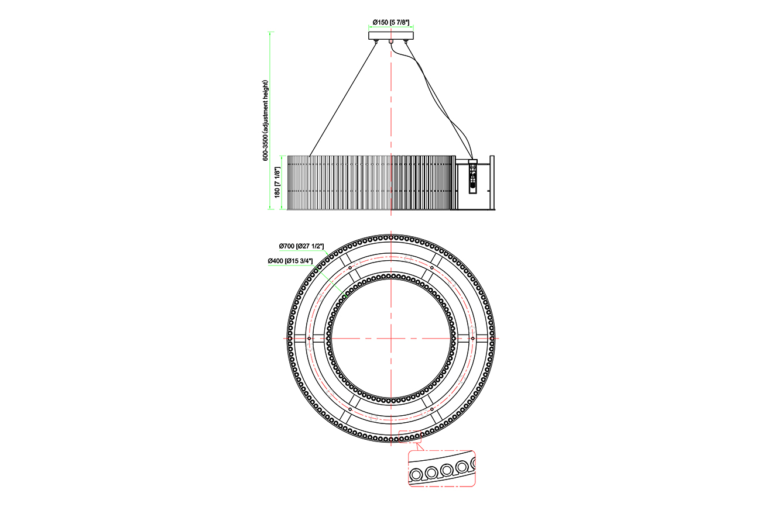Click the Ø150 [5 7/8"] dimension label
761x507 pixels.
pos(390,22)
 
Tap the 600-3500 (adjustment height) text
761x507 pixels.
pos(265,120)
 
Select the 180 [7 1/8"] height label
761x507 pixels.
pos(277,182)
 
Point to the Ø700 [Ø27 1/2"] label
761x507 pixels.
pos(301,246)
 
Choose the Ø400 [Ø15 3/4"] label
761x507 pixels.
pos(290,261)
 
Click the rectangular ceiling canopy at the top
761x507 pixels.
pos(391,36)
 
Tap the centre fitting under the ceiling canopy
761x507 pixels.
pos(391,42)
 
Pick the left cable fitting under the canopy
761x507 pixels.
pos(376,42)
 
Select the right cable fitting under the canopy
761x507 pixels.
pos(405,42)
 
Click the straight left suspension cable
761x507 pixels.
pos(343,99)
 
